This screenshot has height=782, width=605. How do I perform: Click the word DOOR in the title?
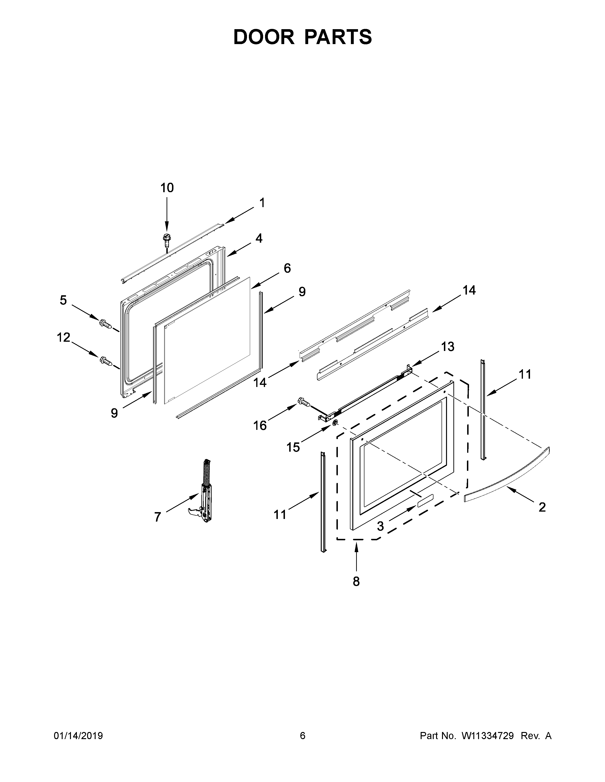[x=264, y=37]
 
